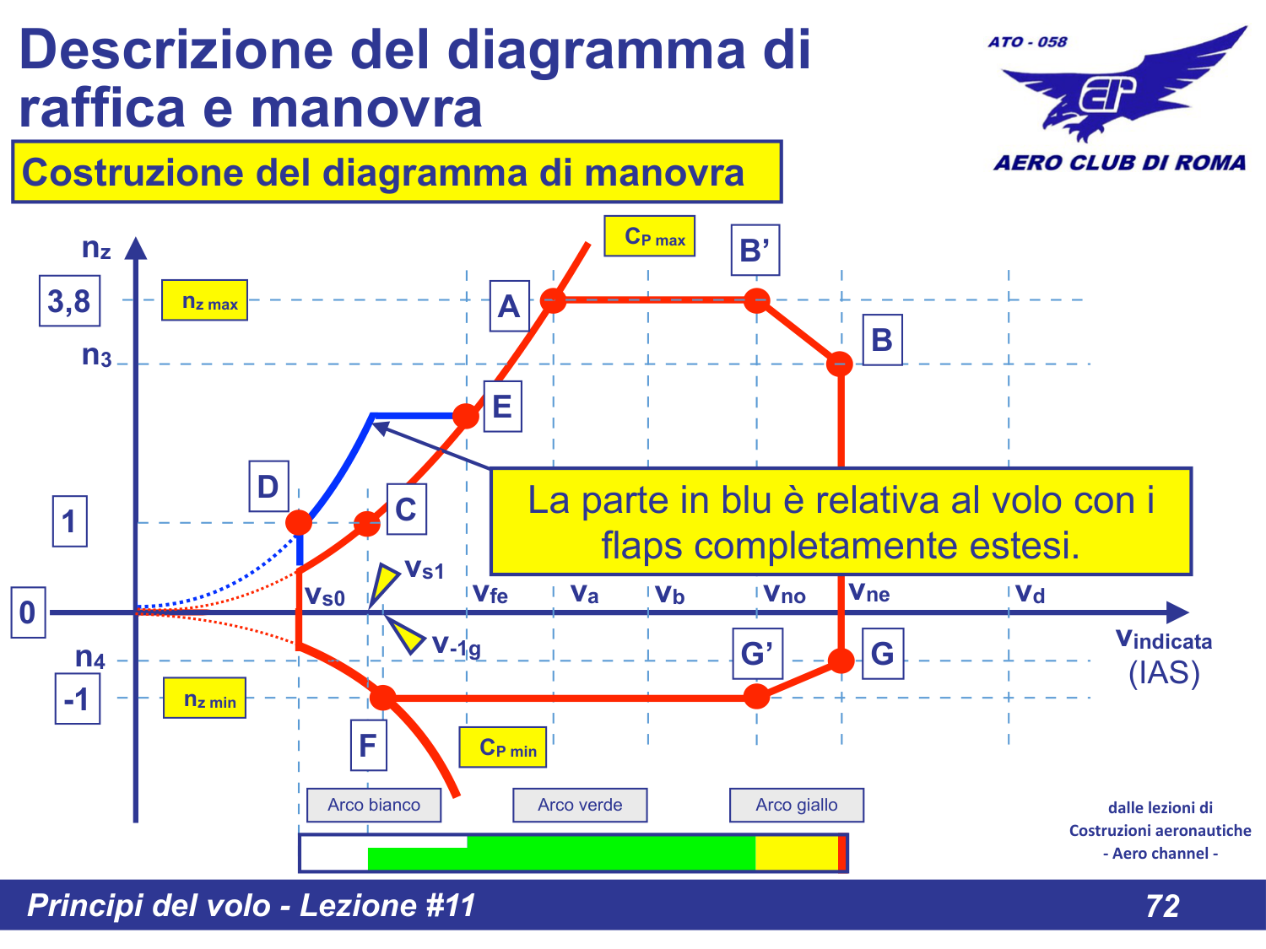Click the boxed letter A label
click(x=509, y=306)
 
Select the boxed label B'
click(x=755, y=251)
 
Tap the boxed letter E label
click(x=502, y=407)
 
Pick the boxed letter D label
click(x=268, y=487)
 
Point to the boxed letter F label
click(x=368, y=746)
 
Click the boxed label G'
click(x=757, y=654)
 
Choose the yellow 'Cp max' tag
click(x=649, y=237)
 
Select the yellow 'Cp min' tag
click(x=503, y=747)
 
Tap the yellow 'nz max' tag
click(x=204, y=301)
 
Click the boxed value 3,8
click(x=69, y=301)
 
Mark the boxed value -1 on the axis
click(x=78, y=698)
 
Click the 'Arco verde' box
click(x=580, y=805)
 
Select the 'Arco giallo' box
click(x=796, y=805)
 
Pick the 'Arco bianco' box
click(x=373, y=805)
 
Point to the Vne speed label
click(x=869, y=593)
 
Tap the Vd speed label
click(x=1030, y=594)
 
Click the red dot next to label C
click(x=367, y=524)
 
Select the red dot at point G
click(x=841, y=661)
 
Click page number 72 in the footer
click(x=1162, y=906)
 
